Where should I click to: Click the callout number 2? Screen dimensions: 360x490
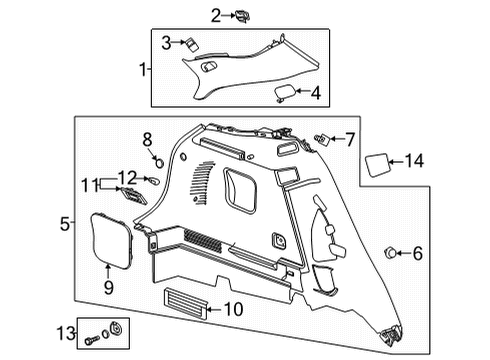pos(215,14)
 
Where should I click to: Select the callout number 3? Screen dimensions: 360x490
pos(166,42)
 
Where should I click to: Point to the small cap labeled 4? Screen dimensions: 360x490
pos(285,94)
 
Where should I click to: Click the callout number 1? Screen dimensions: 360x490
pos(143,69)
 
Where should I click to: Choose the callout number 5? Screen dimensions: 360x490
pos(63,225)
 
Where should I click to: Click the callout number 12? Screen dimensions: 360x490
pos(126,177)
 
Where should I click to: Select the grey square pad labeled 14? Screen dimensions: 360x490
pos(380,161)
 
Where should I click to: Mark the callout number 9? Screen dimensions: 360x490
pos(109,287)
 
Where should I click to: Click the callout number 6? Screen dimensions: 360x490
pos(417,253)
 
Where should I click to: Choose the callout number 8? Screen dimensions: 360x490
pos(147,138)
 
